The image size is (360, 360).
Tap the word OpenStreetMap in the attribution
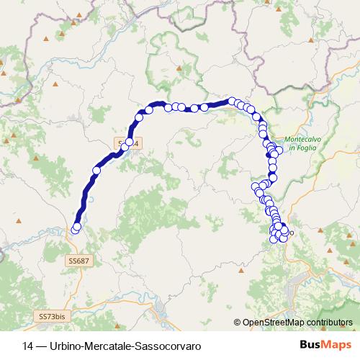point(269,323)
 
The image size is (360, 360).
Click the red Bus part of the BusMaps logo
point(312,345)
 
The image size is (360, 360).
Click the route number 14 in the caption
point(28,346)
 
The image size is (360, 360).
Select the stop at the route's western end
point(76,229)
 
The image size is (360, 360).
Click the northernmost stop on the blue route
point(233,102)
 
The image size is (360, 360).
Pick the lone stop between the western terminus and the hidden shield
point(96,171)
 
